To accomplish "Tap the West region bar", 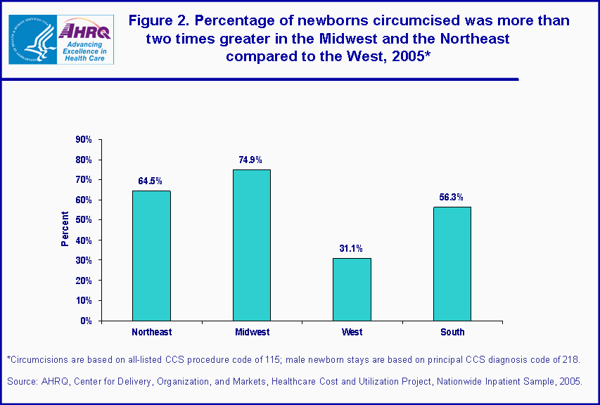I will [352, 289].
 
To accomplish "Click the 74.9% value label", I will [251, 160].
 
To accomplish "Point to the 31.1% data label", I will [351, 249].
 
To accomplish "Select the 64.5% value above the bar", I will [151, 181].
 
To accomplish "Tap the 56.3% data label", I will [452, 198].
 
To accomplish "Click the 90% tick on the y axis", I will [84, 140].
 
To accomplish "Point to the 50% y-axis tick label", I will [84, 220].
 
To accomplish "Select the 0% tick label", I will [86, 321].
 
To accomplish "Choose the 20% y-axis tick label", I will [84, 281].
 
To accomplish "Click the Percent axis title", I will [65, 229].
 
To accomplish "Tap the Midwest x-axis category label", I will [251, 332].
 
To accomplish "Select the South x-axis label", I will [452, 332].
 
